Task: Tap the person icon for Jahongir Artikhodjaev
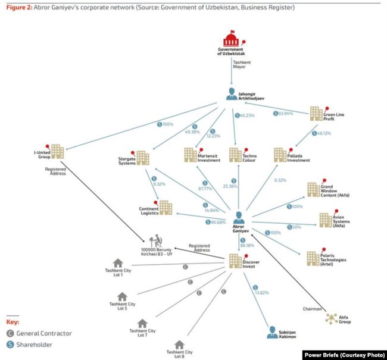(232, 93)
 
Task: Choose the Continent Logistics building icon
(165, 208)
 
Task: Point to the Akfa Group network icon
(332, 319)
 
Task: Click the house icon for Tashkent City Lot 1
(118, 262)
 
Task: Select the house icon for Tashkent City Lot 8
(180, 344)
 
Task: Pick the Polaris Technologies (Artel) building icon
(313, 257)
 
